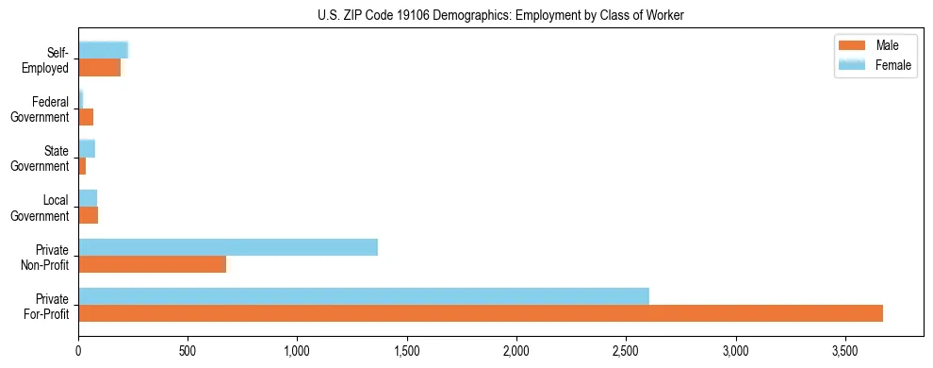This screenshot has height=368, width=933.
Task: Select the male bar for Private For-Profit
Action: click(x=481, y=313)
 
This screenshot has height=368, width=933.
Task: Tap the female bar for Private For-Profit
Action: click(x=364, y=296)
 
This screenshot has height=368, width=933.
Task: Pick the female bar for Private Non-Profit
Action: click(x=228, y=247)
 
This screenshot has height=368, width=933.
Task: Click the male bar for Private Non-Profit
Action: click(x=152, y=264)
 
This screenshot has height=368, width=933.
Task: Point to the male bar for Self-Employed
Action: click(x=100, y=68)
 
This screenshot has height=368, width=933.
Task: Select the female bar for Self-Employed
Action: click(x=103, y=51)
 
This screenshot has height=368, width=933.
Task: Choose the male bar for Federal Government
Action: click(x=86, y=117)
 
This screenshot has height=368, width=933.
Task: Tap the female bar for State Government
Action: click(x=87, y=149)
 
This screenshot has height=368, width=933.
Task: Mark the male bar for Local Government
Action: click(x=89, y=215)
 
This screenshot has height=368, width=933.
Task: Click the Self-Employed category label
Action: click(x=50, y=59)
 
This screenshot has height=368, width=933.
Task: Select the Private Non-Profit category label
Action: click(x=48, y=257)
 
